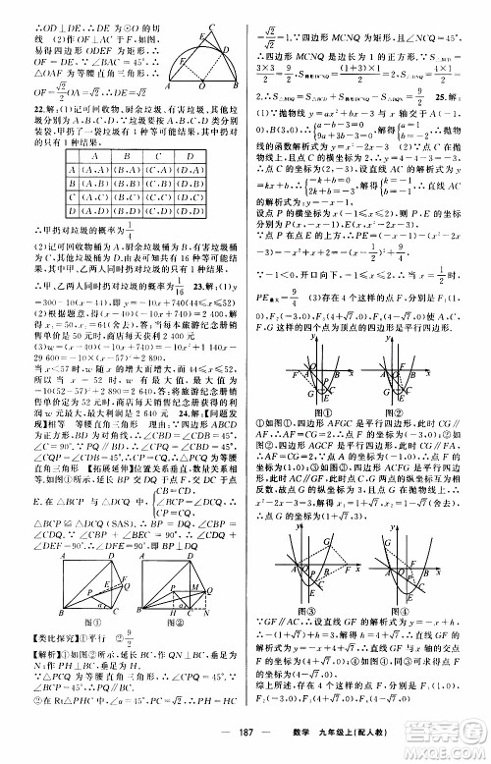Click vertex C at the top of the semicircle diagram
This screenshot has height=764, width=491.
tap(203, 6)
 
